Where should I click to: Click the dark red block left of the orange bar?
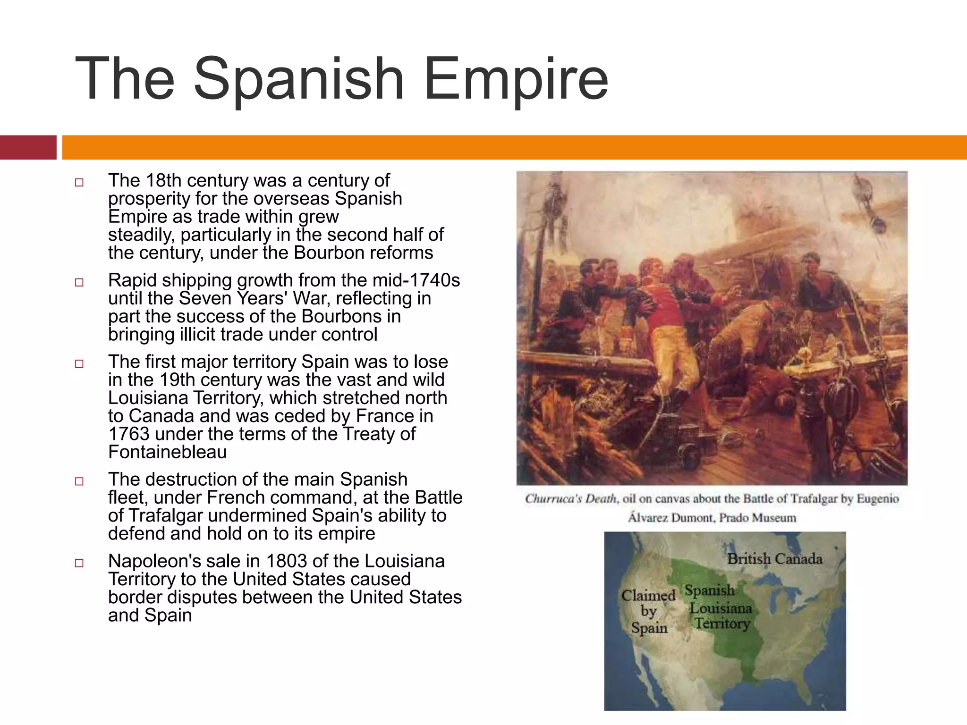(28, 147)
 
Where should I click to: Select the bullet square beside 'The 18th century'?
(79, 182)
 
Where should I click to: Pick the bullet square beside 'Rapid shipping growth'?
(79, 282)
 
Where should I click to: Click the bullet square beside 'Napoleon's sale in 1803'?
(79, 563)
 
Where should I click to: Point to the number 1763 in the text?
(128, 434)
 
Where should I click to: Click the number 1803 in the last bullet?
(286, 561)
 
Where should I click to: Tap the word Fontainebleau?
(167, 452)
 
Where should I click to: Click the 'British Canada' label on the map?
(774, 559)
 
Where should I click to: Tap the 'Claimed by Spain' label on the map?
(649, 612)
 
